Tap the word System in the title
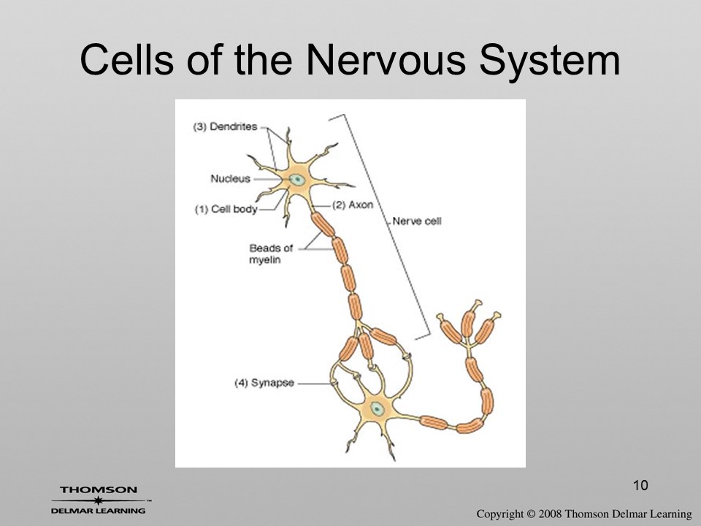tap(550, 61)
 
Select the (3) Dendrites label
tap(226, 126)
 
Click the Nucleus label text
tap(230, 179)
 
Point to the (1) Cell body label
tap(226, 210)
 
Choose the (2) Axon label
tap(353, 205)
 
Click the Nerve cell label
tap(417, 221)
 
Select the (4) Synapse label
tap(264, 383)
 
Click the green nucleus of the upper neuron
tap(297, 180)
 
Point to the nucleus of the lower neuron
tap(377, 408)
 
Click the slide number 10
tap(640, 485)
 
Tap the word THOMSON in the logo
tap(99, 489)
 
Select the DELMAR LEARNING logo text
tap(99, 511)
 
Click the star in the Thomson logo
tap(98, 500)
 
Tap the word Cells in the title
tap(126, 59)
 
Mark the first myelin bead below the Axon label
tap(323, 224)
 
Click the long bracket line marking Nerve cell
tap(387, 226)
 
